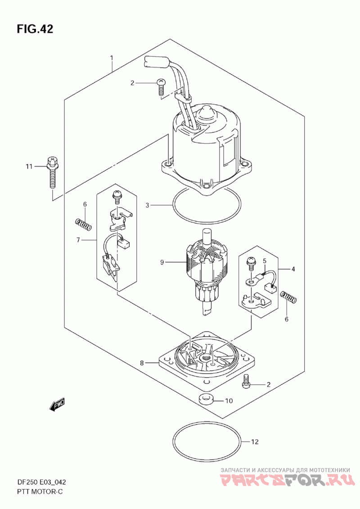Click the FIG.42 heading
tap(35, 29)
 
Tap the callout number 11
tap(29, 167)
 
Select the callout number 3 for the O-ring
tap(147, 205)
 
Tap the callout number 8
tap(142, 363)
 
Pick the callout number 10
tap(229, 401)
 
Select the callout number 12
tap(255, 441)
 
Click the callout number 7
tap(78, 240)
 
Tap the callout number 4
tap(293, 269)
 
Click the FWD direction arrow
tap(57, 404)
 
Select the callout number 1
tap(111, 58)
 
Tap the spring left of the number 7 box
tap(83, 224)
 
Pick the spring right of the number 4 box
tap(288, 297)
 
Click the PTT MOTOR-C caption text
tap(40, 491)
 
